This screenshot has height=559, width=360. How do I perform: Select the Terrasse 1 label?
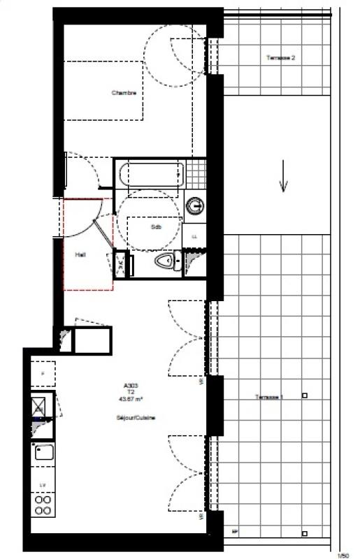pos(269,397)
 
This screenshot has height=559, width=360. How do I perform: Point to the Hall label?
pos(80,254)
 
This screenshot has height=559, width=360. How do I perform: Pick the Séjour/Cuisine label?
pos(136,418)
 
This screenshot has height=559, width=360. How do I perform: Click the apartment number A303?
pos(131,385)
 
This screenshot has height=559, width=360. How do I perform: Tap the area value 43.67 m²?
pos(131,400)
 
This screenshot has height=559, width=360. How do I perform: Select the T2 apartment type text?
pos(131,392)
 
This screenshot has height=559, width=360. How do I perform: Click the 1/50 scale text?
pos(343,555)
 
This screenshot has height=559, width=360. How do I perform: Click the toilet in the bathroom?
pos(165,261)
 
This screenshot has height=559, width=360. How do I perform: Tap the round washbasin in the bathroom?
pos(196,205)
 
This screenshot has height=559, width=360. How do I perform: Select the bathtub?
pos(150,174)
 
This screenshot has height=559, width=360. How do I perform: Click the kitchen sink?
pos(43,453)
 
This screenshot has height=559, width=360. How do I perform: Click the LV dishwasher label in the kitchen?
pos(43,484)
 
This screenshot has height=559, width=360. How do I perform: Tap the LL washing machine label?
pos(194,237)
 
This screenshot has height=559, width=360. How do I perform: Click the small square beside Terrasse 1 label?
pos(305,396)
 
